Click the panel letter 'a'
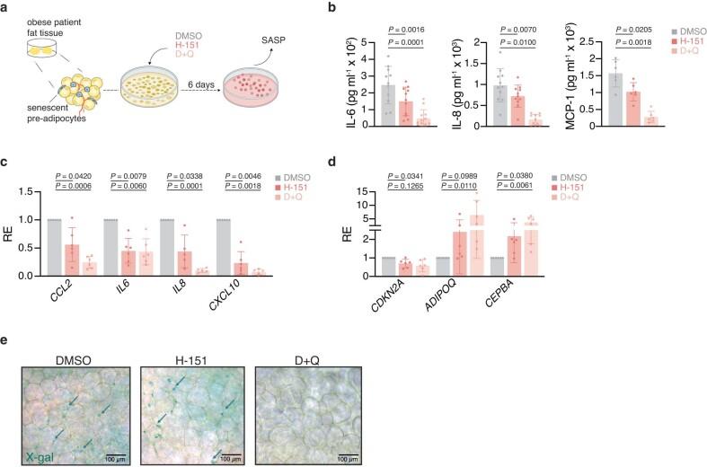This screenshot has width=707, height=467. [8, 8]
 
